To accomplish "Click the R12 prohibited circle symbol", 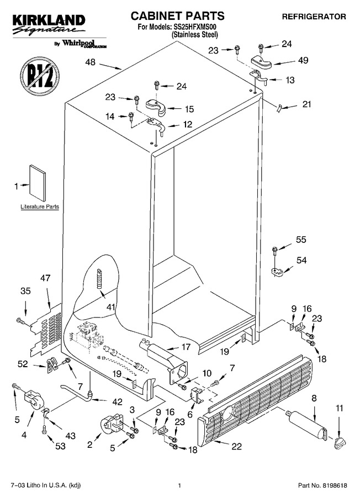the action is point(40,76).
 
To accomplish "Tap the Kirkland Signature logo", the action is point(49,25).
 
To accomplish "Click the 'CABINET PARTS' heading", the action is point(177,15).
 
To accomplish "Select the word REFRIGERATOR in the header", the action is point(314,17).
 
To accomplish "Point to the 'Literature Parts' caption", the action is point(40,207).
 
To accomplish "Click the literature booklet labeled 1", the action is point(38,183).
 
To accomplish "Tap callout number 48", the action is point(91,62).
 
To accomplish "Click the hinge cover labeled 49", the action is point(262,62).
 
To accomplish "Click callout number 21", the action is point(307,104).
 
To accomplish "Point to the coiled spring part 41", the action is point(99,278).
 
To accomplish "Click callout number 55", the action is point(301,239).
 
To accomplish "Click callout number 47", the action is point(45,278).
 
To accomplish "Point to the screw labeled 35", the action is point(20,321).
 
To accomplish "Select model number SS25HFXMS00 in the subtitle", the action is point(195,28).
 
